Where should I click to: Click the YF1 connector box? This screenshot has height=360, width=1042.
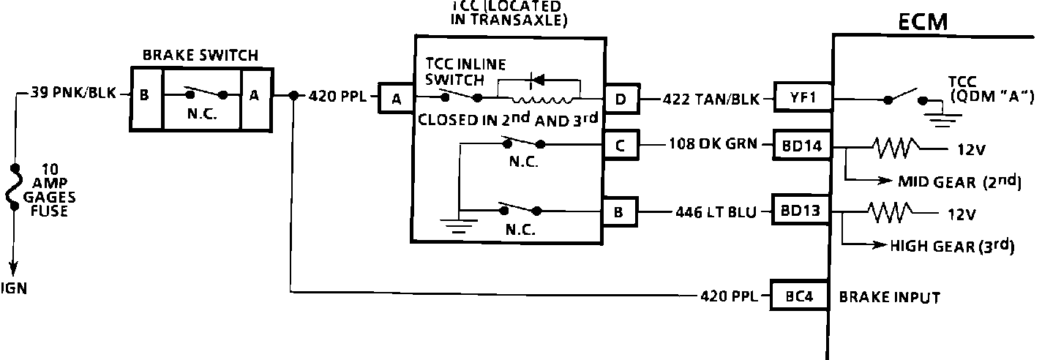[802, 98]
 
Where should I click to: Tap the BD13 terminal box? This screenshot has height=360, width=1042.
[802, 212]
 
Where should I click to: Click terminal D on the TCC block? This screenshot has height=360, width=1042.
[621, 98]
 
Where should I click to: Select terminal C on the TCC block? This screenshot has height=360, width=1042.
[620, 144]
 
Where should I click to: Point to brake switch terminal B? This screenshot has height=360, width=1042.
[144, 94]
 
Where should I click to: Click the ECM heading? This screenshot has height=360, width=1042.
[923, 23]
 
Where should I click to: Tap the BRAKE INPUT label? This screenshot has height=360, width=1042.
[889, 298]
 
